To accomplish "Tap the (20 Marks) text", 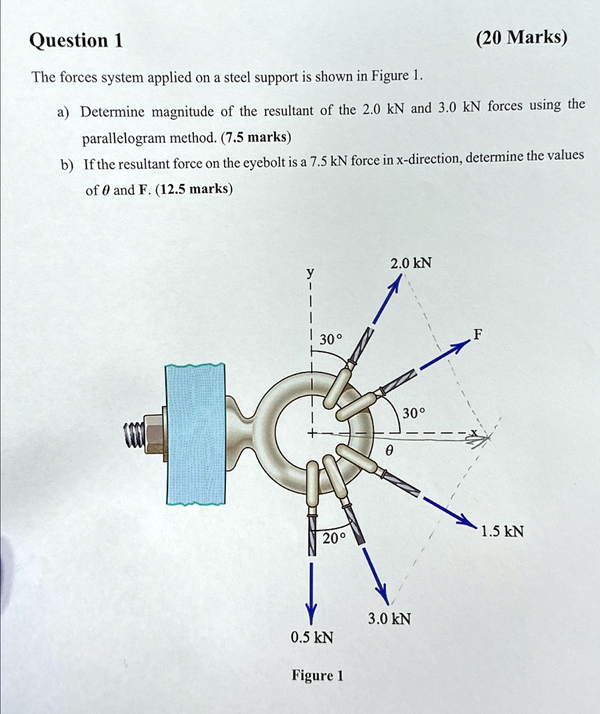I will [x=522, y=38].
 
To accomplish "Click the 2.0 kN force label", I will [x=411, y=263].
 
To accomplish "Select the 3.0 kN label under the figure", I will [x=390, y=618].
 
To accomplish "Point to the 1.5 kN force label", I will [x=502, y=532].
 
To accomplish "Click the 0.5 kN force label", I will [x=312, y=637].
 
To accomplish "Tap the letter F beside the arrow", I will [x=477, y=335].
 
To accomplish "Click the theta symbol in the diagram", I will [x=389, y=451].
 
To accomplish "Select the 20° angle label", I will [x=334, y=538].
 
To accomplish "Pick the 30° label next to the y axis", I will [x=331, y=340].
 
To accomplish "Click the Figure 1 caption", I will [x=317, y=676].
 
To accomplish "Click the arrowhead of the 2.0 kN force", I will [x=396, y=282].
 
